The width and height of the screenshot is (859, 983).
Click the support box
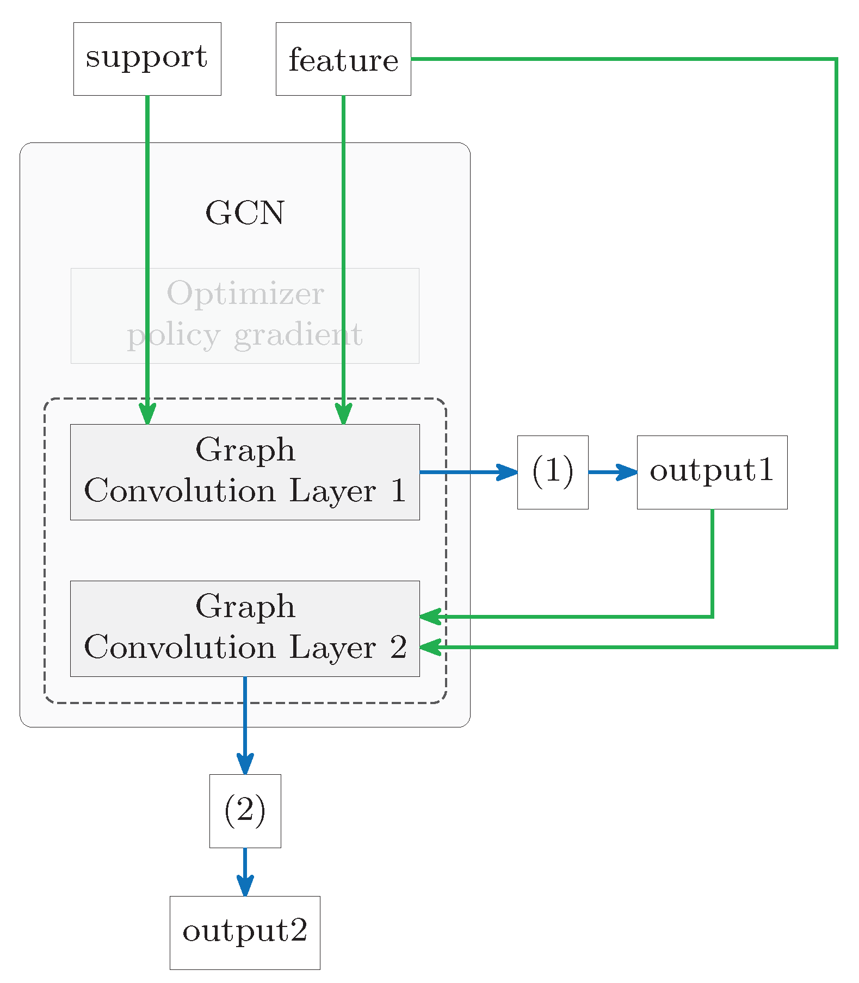pos(147,59)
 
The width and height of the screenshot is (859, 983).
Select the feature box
pos(343,59)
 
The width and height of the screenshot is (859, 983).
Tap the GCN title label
pos(245,213)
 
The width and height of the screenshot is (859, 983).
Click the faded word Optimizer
pos(245,294)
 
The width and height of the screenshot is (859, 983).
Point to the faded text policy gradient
pos(245,335)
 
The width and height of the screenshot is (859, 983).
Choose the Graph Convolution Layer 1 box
pos(245,471)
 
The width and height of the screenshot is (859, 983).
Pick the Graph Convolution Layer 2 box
pos(245,628)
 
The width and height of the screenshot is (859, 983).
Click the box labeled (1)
pos(552,471)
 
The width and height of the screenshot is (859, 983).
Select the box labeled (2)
pos(245,811)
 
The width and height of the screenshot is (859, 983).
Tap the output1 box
pos(712,471)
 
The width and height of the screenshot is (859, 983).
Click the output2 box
pos(245,932)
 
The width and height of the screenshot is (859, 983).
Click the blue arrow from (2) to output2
pos(245,870)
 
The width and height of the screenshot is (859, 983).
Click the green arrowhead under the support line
pos(147,414)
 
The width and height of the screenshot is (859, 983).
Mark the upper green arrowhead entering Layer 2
pos(430,617)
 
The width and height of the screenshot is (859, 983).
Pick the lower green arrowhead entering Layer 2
pos(430,647)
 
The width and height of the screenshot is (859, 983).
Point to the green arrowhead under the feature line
pos(343,414)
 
